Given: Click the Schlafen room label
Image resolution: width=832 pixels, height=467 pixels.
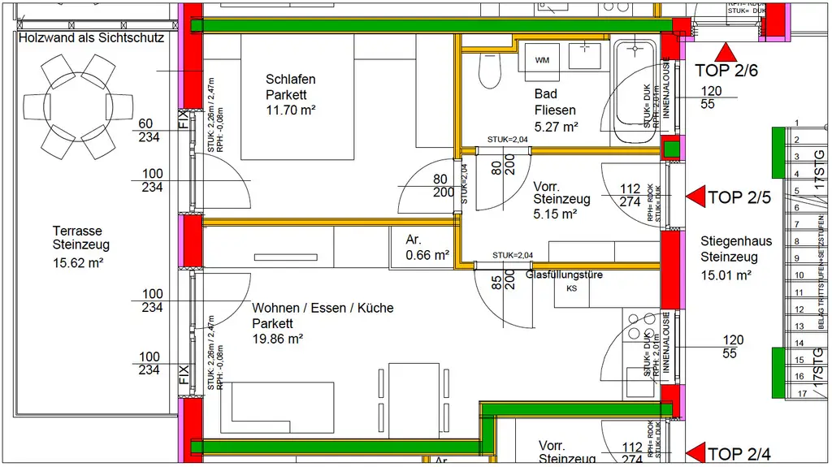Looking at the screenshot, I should click(290, 80).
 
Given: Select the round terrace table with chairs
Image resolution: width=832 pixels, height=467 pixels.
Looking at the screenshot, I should click(78, 106).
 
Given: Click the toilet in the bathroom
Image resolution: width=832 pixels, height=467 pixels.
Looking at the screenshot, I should click(489, 71).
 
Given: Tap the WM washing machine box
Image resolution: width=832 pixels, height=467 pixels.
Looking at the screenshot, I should click(542, 59).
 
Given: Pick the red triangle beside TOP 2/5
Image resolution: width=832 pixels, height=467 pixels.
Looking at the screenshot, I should click(695, 197).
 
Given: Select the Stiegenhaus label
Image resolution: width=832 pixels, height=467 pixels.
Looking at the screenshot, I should click(736, 241).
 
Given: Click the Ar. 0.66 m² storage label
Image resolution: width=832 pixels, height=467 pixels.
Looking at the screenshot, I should click(427, 247).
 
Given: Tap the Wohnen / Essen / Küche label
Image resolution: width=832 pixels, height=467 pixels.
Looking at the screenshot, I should click(323, 308).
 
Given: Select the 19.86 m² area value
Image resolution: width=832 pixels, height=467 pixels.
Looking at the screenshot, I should click(277, 338).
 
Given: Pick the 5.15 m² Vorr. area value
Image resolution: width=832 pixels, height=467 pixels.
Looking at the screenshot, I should click(555, 214).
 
